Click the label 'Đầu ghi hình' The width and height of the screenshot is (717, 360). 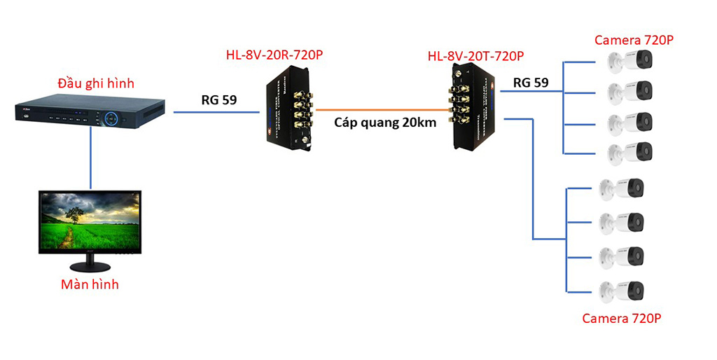[x=95, y=84]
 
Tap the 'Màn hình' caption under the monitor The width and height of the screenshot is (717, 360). [x=90, y=284]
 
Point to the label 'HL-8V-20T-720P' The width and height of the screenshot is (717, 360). [x=476, y=55]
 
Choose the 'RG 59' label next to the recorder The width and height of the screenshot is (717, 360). [x=218, y=99]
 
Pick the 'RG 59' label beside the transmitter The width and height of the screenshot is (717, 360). [x=531, y=83]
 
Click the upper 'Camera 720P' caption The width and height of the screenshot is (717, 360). [x=634, y=40]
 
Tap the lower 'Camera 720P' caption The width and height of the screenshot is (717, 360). [x=622, y=319]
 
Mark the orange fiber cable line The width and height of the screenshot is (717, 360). [x=382, y=109]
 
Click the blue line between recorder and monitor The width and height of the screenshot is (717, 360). [x=90, y=161]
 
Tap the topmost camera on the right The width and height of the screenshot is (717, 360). [x=630, y=64]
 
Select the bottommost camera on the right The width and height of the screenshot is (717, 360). [x=622, y=290]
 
